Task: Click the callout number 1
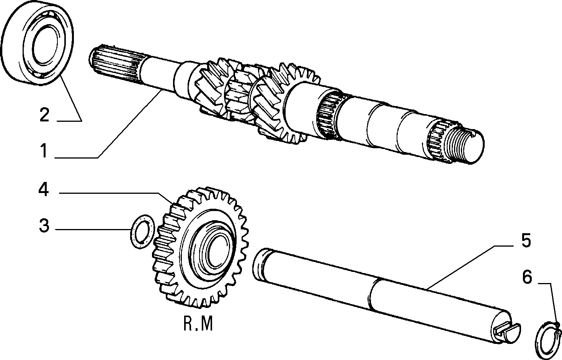[44, 151]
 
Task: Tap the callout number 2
[44, 115]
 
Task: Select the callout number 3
[44, 226]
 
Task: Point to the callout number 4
[43, 190]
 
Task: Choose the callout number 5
[526, 240]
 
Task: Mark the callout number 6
[527, 277]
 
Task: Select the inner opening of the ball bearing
[45, 46]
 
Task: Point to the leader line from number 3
[93, 229]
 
